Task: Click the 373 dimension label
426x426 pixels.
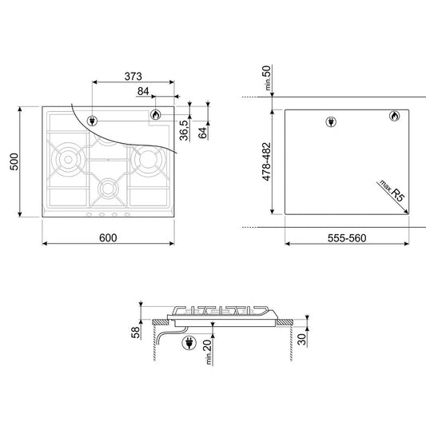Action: pos(133,77)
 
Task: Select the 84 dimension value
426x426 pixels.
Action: pos(143,91)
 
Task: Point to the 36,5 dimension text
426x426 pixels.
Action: pos(184,130)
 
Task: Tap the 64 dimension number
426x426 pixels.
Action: pos(203,133)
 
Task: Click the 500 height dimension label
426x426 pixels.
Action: pos(14,161)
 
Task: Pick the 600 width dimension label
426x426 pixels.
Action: pos(108,237)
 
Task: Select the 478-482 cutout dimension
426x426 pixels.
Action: pos(267,161)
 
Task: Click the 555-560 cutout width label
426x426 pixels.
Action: pos(347,238)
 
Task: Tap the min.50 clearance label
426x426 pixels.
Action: pos(268,78)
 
